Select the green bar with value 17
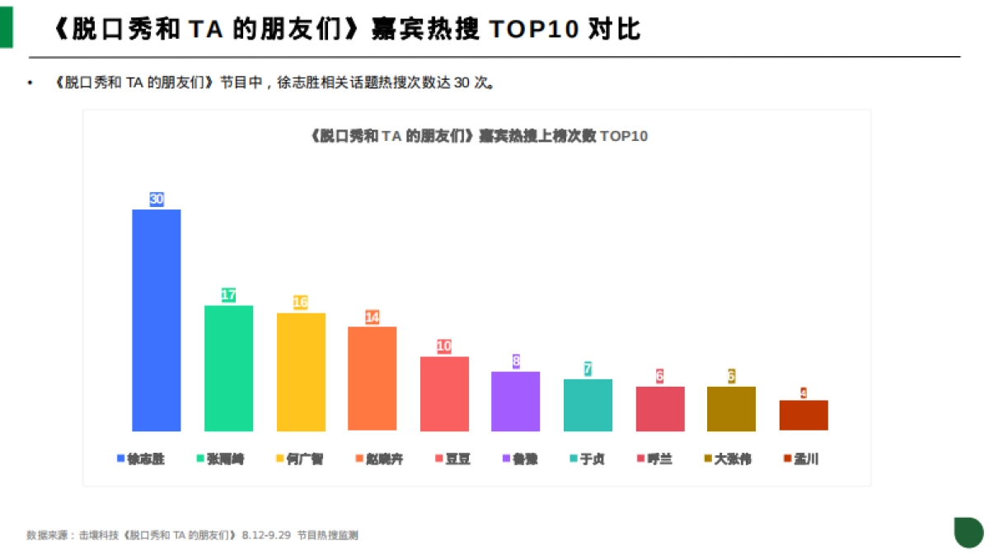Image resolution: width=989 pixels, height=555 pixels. pos(228,368)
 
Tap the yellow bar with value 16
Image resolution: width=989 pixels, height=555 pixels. pos(301,372)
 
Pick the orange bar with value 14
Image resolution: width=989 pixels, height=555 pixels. pos(372,379)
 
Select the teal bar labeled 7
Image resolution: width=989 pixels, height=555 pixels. pos(588,405)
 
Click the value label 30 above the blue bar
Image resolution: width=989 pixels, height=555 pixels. pos(157,199)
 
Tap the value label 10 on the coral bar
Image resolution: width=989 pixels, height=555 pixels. pos(444,346)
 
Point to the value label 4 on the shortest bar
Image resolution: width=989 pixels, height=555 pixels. pos(804,393)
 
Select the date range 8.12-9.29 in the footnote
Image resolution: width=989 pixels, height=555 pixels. pos(266,535)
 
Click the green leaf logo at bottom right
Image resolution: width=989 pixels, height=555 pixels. pos(968,532)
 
